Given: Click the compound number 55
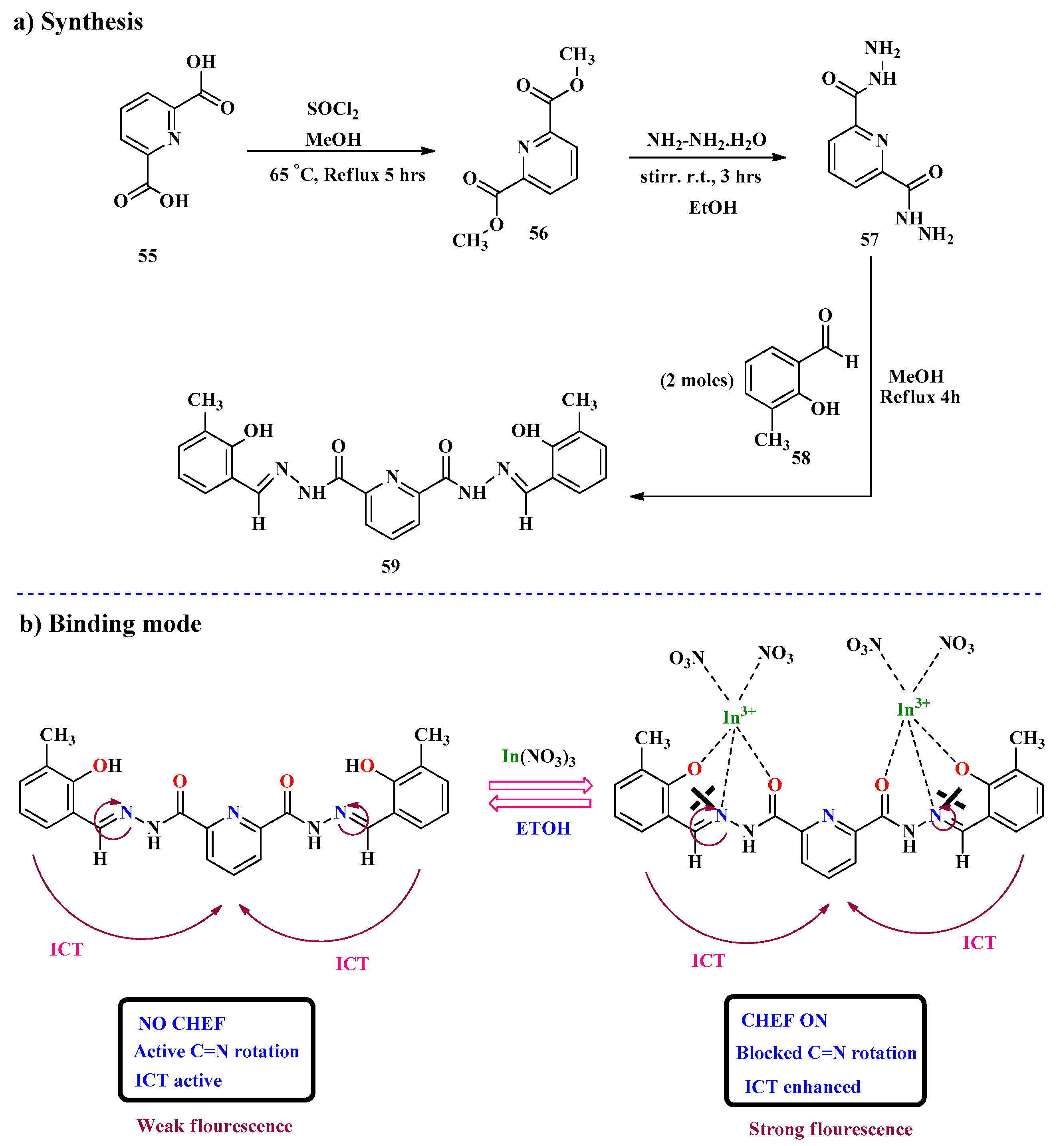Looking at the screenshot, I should pos(147,256).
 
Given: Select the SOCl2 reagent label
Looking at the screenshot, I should pos(332,109).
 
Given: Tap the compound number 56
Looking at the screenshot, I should pos(538,233).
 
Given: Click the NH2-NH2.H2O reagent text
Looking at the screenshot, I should pos(706,140).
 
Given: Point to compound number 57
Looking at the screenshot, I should pos(869,240).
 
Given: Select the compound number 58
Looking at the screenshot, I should pos(801,458).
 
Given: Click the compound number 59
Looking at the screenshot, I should pos(390,566).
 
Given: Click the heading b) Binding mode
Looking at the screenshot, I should pos(110,624).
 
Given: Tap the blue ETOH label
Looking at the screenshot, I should pos(543,828).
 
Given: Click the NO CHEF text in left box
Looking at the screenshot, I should pos(182,1023).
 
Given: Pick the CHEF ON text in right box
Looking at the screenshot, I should pos(784,1021).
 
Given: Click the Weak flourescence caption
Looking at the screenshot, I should pos(214,1126).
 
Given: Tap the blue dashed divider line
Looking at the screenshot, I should pos(527,594).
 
